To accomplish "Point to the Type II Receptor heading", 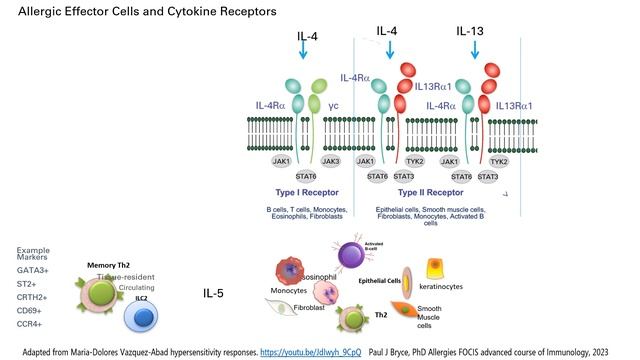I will [429, 191].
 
